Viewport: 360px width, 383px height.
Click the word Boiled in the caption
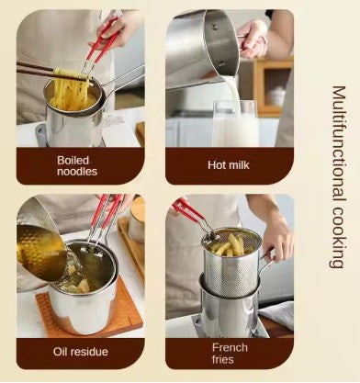point(73,160)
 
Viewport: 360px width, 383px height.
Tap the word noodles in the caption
point(77,172)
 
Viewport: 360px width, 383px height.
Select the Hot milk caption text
point(229,165)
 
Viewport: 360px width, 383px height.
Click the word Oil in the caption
point(61,352)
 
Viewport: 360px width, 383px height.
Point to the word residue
point(89,352)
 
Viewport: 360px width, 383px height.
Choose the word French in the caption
point(230,348)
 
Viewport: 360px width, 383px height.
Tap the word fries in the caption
point(223,359)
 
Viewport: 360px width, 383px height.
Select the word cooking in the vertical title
point(339,237)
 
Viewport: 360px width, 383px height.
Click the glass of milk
point(236,123)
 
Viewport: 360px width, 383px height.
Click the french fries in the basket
point(230,245)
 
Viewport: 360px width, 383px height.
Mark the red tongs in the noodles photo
point(101,43)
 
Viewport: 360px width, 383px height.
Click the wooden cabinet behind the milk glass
point(274,86)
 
